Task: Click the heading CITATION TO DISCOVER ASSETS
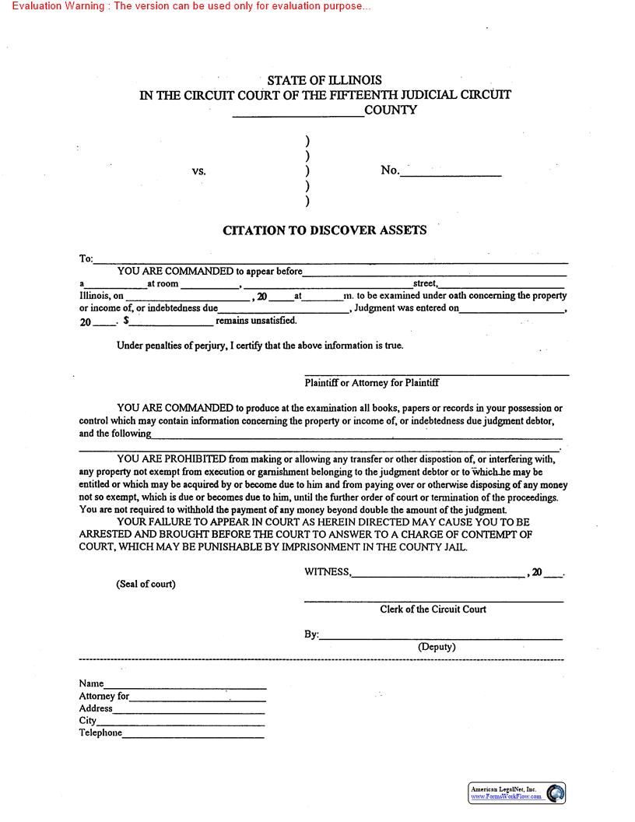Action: pos(325,230)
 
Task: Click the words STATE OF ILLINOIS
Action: pos(325,80)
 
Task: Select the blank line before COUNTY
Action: pos(298,114)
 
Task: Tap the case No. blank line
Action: pos(451,175)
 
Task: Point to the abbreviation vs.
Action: pos(199,170)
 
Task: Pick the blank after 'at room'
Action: pos(205,287)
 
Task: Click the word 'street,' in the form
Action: pos(425,284)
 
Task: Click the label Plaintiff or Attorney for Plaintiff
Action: pos(372,383)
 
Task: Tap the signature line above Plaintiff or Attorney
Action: pos(436,375)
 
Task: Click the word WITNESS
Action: pos(327,572)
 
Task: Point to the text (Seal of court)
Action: pos(146,584)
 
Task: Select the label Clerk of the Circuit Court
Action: pos(433,609)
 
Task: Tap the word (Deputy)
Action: pos(437,647)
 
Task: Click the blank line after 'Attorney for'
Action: pos(198,700)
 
